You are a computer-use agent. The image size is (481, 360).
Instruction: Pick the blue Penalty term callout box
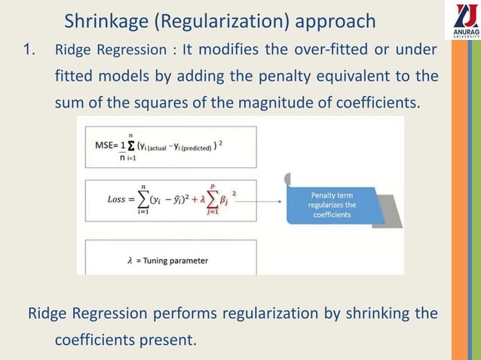(x=332, y=204)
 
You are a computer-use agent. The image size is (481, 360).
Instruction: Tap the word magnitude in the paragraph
(x=285, y=102)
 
